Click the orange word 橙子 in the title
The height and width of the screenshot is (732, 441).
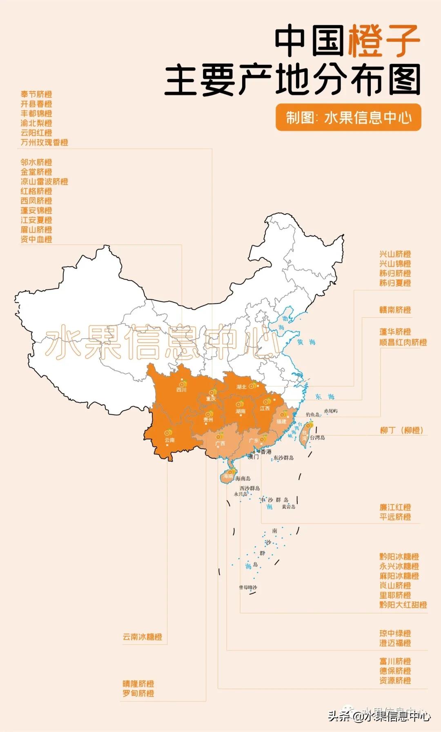(383, 40)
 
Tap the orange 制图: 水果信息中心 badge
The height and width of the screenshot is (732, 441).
(348, 118)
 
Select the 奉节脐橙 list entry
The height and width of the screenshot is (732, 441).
(36, 94)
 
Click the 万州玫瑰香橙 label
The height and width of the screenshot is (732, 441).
(45, 142)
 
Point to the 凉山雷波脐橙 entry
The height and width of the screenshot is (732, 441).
(45, 181)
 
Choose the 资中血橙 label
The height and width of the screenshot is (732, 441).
(36, 239)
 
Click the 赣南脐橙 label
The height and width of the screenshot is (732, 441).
(395, 310)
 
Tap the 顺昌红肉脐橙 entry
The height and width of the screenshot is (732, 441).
(403, 342)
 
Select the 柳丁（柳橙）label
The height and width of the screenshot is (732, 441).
(401, 430)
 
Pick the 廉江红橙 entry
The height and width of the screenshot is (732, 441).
(395, 507)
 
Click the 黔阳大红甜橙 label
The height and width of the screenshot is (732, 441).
(403, 605)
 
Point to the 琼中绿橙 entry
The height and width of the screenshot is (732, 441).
(395, 634)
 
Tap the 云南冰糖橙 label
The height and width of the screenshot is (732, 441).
(143, 637)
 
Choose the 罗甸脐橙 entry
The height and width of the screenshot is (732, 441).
(138, 693)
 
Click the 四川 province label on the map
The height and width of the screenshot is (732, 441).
(181, 390)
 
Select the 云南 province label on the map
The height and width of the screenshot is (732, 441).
(169, 440)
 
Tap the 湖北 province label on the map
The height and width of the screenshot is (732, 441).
(241, 387)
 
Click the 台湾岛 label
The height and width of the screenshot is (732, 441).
(317, 437)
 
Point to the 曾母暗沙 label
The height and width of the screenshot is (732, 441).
(248, 587)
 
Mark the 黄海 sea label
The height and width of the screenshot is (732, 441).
(306, 342)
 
